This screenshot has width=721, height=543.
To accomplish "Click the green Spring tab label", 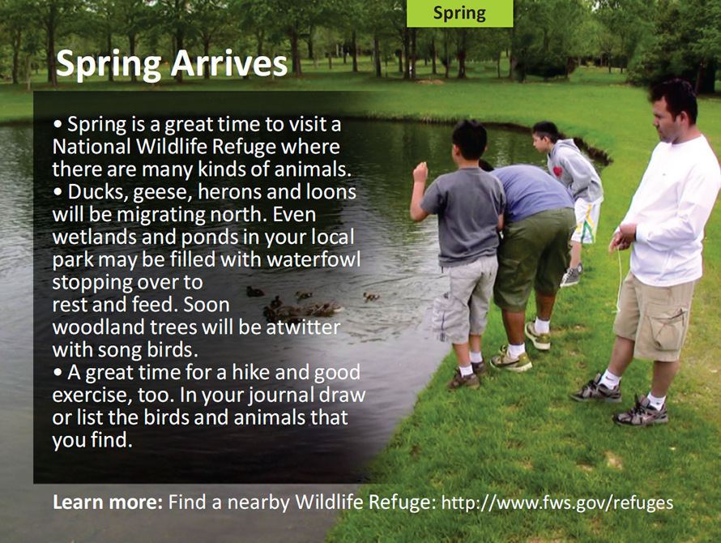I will click(x=459, y=13).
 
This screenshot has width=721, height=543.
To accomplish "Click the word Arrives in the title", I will click(x=229, y=64).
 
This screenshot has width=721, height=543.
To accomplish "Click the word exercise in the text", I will click(x=88, y=396).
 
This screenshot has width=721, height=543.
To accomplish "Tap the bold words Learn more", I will click(x=108, y=502).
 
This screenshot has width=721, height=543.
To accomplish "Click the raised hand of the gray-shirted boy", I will click(x=420, y=172).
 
